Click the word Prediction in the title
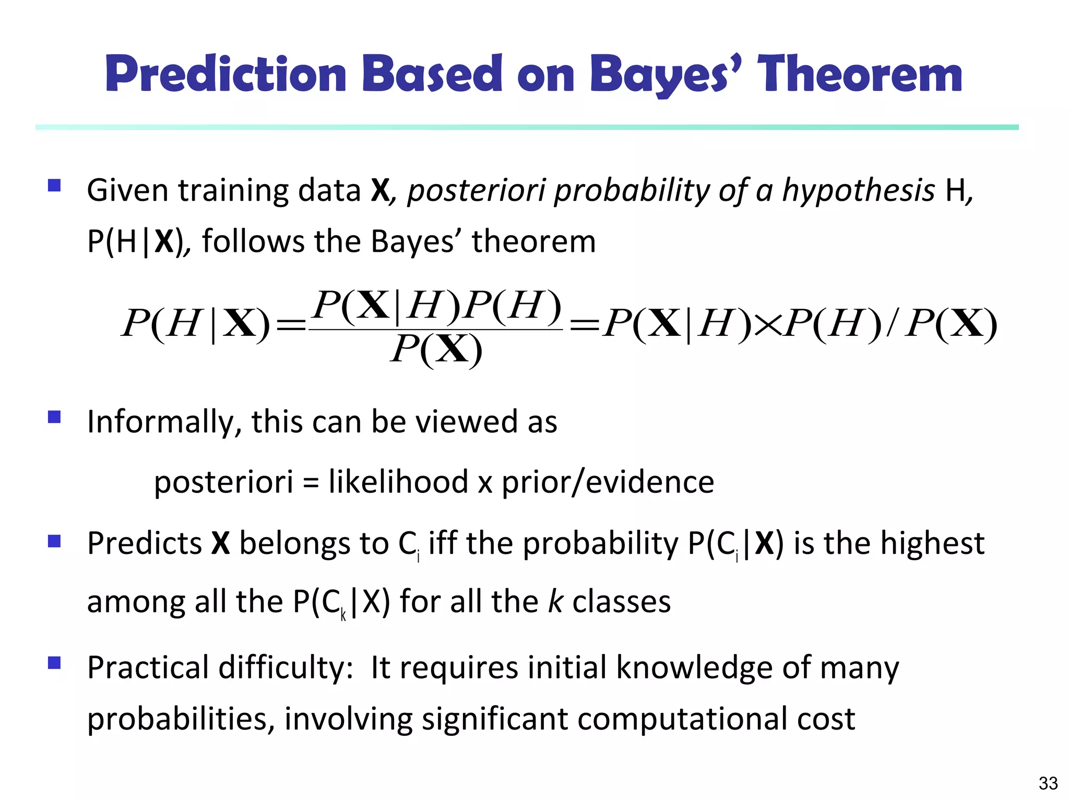[226, 74]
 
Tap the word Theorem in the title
[859, 74]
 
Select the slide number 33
[1048, 783]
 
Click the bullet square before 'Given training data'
[54, 186]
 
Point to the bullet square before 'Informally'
[54, 417]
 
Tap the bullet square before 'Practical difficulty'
[54, 663]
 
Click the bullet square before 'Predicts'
[54, 541]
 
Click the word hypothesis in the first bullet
[858, 190]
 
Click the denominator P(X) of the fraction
[436, 349]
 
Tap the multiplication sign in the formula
[768, 325]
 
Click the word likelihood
[398, 481]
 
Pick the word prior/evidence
[608, 481]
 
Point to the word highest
[932, 543]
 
